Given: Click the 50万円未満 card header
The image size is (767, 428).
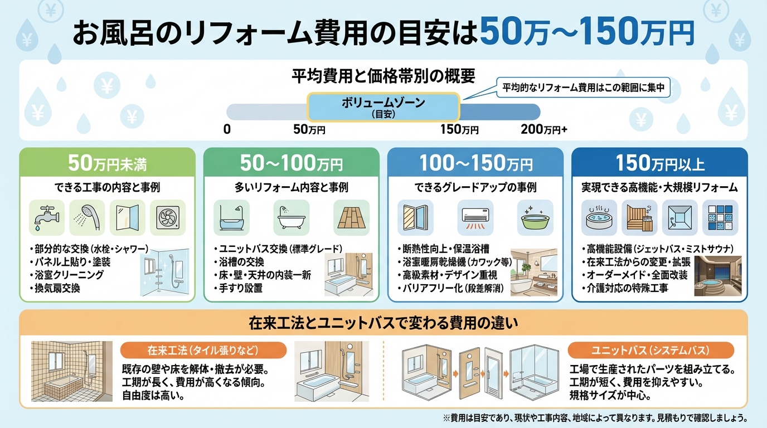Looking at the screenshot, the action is (108, 164).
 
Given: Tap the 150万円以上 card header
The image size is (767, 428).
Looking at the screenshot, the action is (659, 164).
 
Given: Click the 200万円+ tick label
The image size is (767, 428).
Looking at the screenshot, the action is (543, 130).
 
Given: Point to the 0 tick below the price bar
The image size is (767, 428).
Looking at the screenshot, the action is (227, 130).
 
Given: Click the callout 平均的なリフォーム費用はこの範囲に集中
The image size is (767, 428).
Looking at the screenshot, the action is (589, 87).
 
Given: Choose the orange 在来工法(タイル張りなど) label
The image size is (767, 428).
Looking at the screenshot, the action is (203, 351).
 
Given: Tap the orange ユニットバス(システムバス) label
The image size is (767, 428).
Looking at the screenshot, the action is (651, 351).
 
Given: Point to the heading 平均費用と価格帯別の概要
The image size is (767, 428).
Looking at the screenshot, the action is (383, 75).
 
